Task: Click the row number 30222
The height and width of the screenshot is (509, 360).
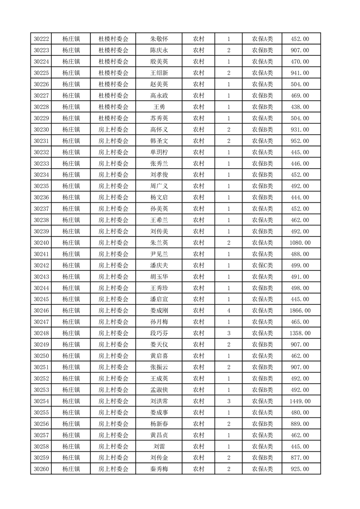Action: [x=41, y=39]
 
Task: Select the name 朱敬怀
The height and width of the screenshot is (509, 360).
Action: [x=159, y=39]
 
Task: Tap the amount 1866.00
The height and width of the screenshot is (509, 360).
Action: [x=300, y=311]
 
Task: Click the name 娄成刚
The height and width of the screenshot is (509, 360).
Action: [x=159, y=311]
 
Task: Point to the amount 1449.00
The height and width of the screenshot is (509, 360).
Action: [x=300, y=401]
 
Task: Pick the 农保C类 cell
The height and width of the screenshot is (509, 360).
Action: [x=262, y=265]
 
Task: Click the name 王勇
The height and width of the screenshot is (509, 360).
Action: [x=159, y=107]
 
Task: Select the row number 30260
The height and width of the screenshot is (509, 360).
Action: [x=41, y=469]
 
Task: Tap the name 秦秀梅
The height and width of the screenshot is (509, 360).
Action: [x=159, y=469]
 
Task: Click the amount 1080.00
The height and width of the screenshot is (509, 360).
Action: [x=300, y=243]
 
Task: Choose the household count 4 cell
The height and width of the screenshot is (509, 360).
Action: [x=228, y=311]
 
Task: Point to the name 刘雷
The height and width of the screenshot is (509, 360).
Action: [x=159, y=446]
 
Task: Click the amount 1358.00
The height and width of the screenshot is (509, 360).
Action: [x=300, y=333]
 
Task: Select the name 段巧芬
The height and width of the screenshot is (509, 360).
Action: [x=159, y=333]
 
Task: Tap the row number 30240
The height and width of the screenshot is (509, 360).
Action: [x=41, y=243]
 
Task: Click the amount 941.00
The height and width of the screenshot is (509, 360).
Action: [x=300, y=73]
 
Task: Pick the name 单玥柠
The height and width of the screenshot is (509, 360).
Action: [x=159, y=152]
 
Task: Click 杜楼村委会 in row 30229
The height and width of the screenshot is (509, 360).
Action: [x=113, y=118]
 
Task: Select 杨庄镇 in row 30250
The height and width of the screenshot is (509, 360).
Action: [x=71, y=356]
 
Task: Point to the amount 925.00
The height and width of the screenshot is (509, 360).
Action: [x=300, y=469]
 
